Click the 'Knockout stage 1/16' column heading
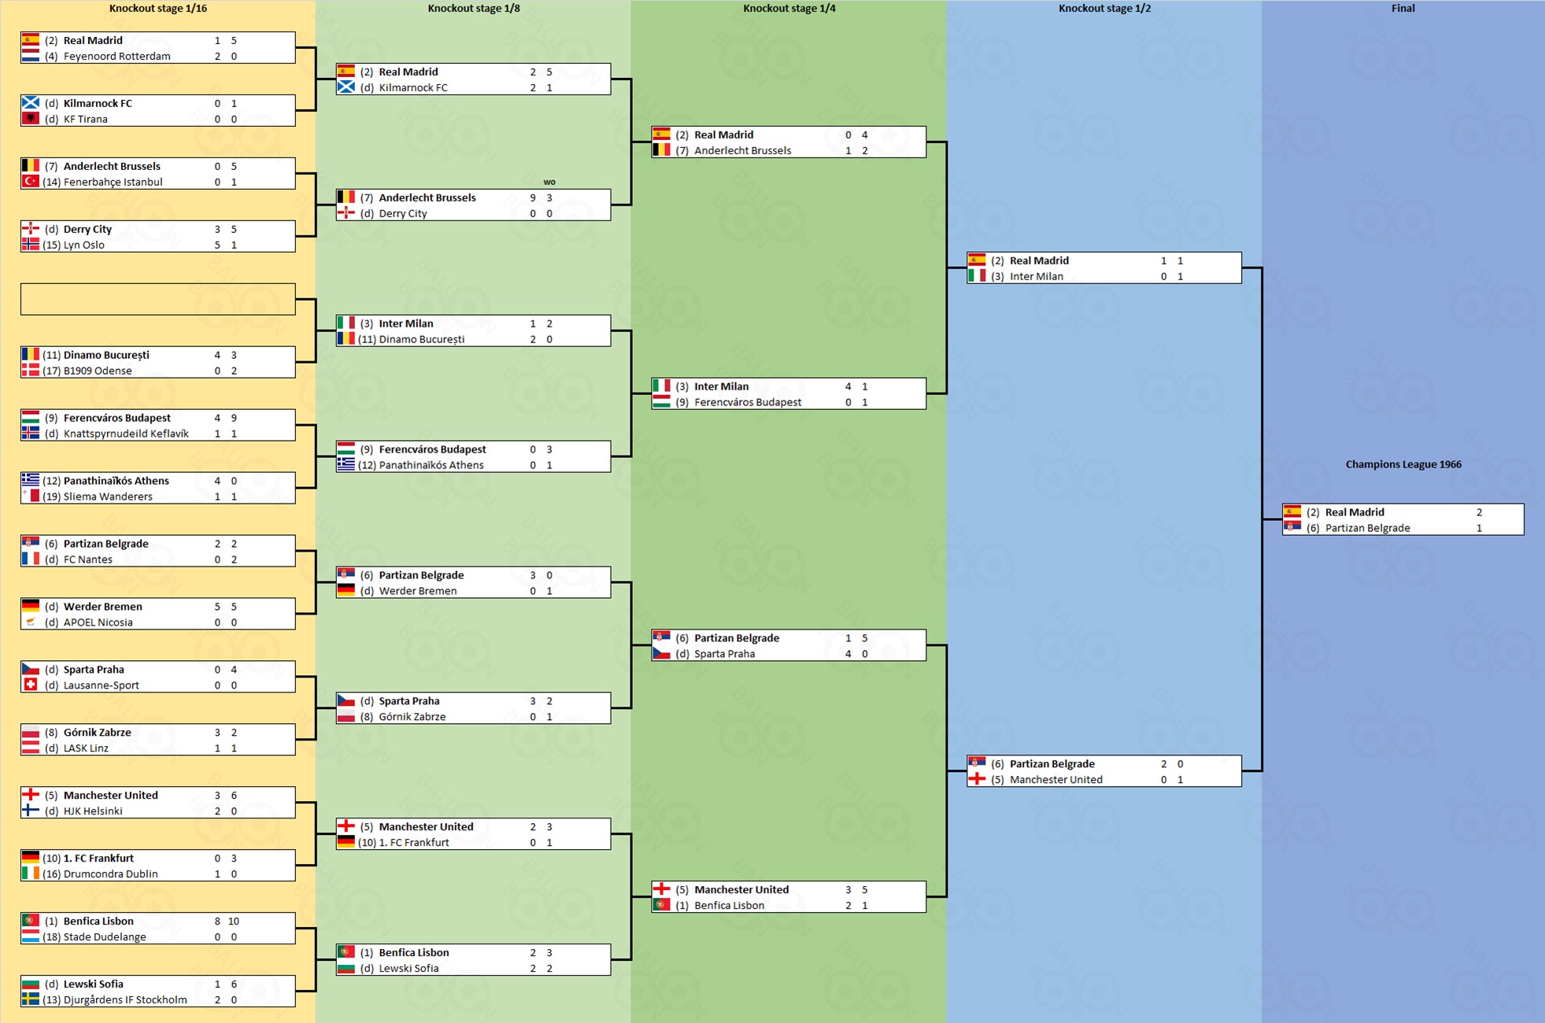(157, 9)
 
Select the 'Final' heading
(1403, 9)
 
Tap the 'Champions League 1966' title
(1403, 464)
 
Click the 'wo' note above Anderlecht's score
(549, 182)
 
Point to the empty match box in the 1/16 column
(157, 299)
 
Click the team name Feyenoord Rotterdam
(116, 56)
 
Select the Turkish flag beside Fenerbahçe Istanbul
(31, 182)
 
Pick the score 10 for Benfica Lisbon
(234, 921)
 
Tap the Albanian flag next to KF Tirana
(31, 119)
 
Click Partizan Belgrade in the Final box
(1367, 528)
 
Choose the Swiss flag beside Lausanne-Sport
(31, 685)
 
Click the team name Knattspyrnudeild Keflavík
(126, 434)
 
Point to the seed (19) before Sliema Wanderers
(51, 497)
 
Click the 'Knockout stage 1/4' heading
(789, 9)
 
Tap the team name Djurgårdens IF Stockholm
(125, 1000)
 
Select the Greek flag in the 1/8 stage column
(346, 465)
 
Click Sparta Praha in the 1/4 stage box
(724, 654)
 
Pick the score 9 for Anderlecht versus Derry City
(533, 198)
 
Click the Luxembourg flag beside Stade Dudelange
(31, 937)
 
